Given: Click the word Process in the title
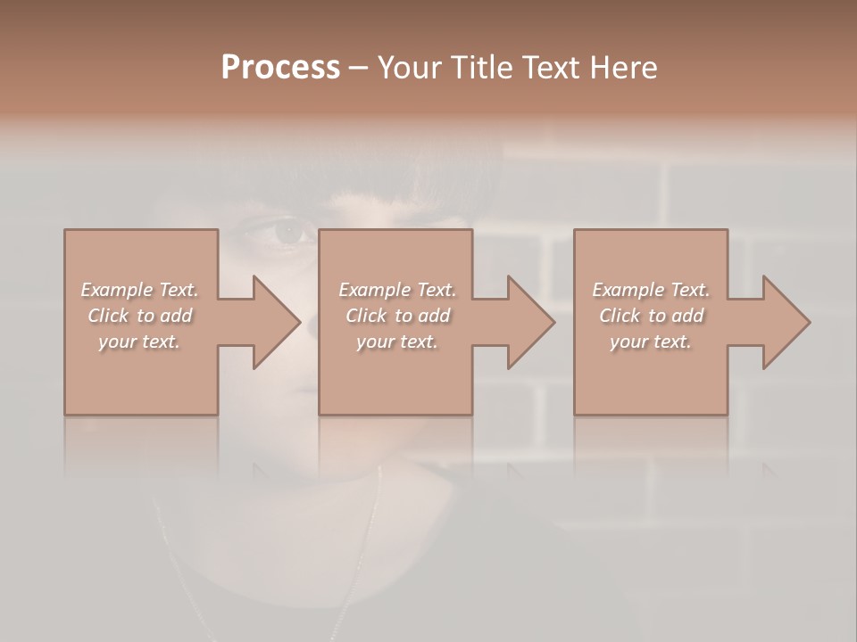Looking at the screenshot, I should click(280, 68).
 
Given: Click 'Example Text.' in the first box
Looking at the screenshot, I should click(139, 290).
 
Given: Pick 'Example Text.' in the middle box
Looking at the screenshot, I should click(396, 290).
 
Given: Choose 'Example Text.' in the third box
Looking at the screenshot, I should click(651, 290).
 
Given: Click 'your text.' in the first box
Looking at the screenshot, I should click(139, 342).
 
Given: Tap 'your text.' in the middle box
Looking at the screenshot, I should click(396, 342).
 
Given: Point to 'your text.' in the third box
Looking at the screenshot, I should click(651, 342).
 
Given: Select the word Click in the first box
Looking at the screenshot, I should click(108, 316).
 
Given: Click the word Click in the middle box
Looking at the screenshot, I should click(366, 316).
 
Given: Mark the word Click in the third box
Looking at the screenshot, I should click(620, 316).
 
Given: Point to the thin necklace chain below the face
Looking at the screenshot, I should click(362, 553).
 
